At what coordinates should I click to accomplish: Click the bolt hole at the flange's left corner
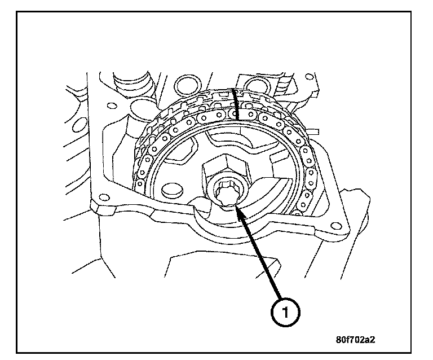point(102,197)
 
